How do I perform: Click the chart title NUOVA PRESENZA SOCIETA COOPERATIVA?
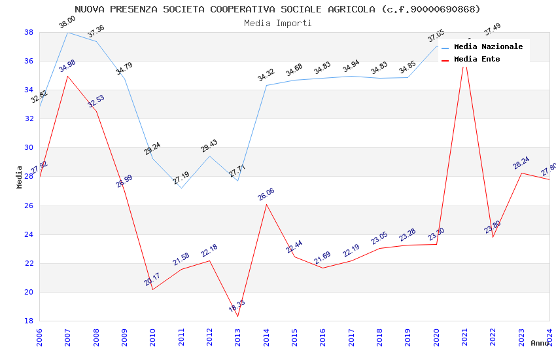[277, 9]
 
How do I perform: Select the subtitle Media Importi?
[277, 23]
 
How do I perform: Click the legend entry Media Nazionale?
[488, 47]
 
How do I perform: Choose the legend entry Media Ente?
[477, 60]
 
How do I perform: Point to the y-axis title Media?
[20, 177]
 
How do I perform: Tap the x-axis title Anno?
[540, 343]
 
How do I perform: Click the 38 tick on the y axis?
[29, 32]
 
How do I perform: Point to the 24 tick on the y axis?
[29, 234]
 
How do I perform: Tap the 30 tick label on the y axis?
[29, 148]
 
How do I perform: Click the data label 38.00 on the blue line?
[67, 22]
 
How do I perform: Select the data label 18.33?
[237, 306]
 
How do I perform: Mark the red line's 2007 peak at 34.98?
[67, 76]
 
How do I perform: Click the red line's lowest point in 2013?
[237, 316]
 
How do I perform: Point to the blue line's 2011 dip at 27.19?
[181, 188]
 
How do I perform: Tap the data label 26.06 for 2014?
[266, 194]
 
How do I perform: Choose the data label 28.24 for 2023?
[521, 163]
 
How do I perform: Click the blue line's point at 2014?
[266, 85]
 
